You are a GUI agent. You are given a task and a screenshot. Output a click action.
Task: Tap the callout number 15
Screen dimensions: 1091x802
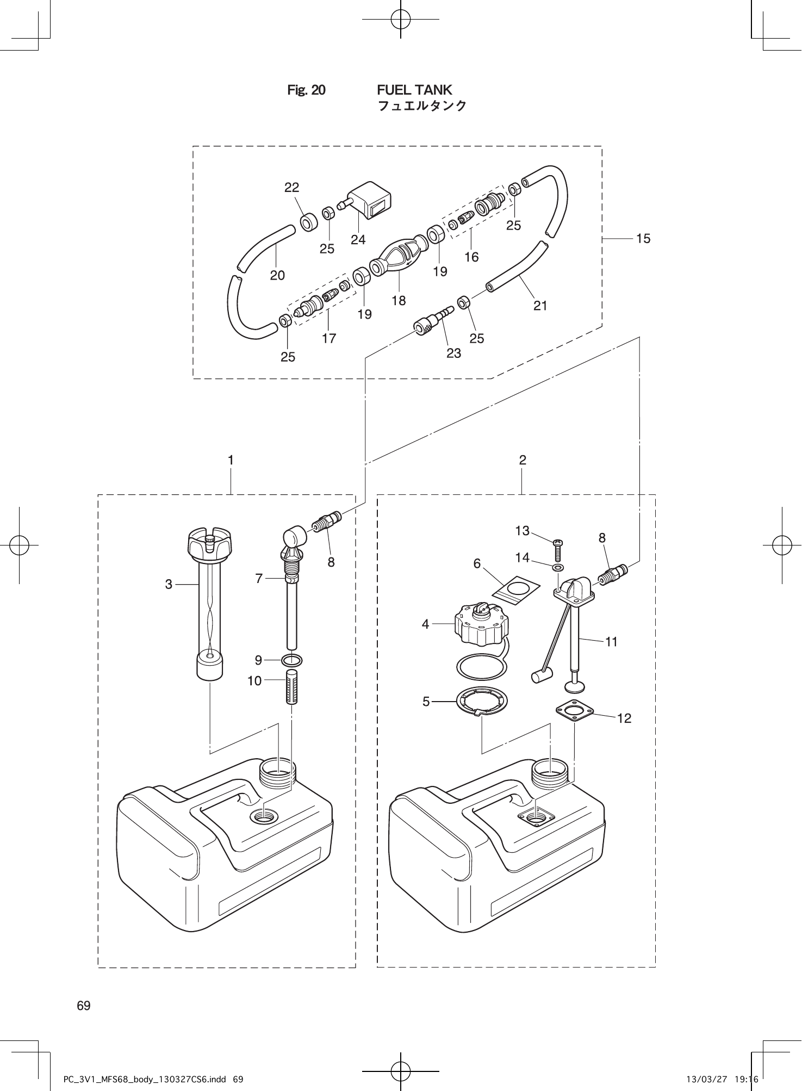[x=643, y=239]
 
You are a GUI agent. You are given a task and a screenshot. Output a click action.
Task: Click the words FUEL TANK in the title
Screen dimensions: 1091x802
[x=414, y=90]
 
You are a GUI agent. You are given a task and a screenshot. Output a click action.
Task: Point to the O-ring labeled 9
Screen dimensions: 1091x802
[x=292, y=660]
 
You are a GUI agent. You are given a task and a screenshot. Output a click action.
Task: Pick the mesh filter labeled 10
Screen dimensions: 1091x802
[x=292, y=687]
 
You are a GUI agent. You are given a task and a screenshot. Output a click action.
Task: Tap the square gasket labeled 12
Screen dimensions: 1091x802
[x=574, y=710]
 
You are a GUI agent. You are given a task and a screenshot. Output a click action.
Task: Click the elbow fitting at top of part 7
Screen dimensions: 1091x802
[x=295, y=537]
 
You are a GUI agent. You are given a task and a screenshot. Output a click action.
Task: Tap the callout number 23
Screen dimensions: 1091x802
[x=453, y=354]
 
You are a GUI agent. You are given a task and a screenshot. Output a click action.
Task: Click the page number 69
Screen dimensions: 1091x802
[x=84, y=1006]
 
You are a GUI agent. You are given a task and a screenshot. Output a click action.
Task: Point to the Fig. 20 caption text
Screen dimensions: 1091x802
[x=306, y=90]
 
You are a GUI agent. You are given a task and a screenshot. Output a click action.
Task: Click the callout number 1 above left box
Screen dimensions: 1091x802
[x=231, y=460]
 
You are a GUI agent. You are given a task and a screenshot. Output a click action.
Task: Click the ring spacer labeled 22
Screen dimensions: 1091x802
[x=309, y=222]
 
